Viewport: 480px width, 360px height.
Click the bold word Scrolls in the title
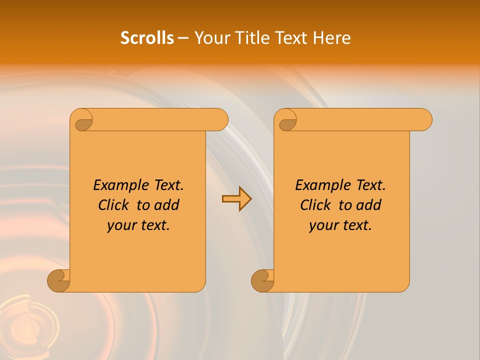pyautogui.click(x=147, y=38)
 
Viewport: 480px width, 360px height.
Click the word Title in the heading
pyautogui.click(x=252, y=38)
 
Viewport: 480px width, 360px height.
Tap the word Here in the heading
pyautogui.click(x=332, y=38)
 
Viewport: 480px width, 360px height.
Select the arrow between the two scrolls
pyautogui.click(x=236, y=199)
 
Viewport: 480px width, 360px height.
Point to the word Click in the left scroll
pyautogui.click(x=114, y=205)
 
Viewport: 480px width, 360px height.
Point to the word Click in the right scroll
pyautogui.click(x=316, y=205)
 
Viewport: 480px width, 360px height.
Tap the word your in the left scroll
pyautogui.click(x=120, y=226)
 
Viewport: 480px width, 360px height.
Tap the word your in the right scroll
pyautogui.click(x=322, y=226)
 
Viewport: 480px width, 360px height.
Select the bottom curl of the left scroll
pyautogui.click(x=59, y=281)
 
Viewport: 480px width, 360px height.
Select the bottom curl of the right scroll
pyautogui.click(x=262, y=281)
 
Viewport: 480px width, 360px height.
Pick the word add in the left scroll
pyautogui.click(x=167, y=205)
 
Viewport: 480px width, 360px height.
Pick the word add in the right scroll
pyautogui.click(x=369, y=205)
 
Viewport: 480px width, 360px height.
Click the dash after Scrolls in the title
pyautogui.click(x=183, y=38)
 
